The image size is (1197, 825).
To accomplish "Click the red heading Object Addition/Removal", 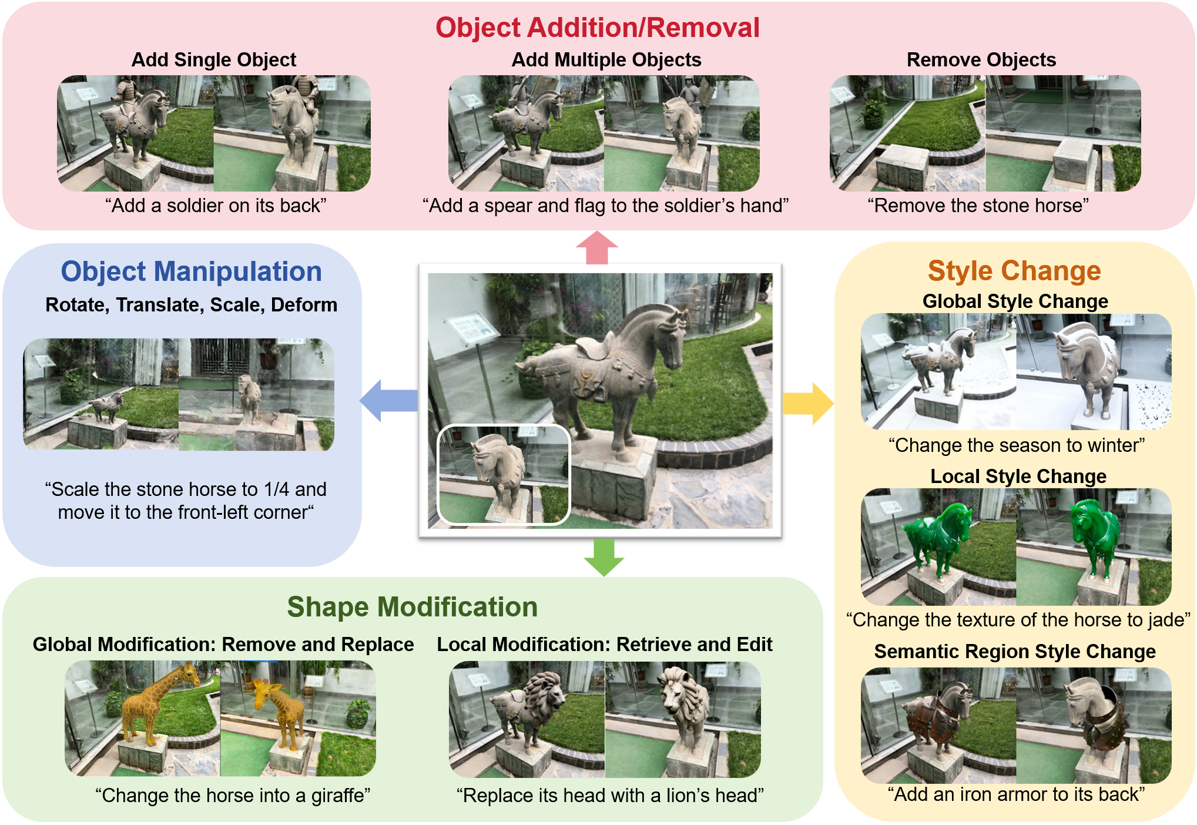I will [597, 28].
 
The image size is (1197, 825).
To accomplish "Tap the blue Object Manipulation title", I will [191, 271].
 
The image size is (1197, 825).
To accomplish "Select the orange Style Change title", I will [1014, 271].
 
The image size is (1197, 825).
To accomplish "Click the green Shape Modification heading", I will [412, 607].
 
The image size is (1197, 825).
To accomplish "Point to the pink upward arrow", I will [596, 247].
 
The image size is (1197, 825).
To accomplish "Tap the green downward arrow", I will [603, 556].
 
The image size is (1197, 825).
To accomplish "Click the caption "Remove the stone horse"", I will [978, 206].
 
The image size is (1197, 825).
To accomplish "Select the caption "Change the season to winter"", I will [1016, 445].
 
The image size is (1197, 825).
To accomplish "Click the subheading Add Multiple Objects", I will [606, 60].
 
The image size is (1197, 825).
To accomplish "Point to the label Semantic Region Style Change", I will [1014, 652].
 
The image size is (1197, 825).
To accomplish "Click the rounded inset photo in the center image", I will [504, 475].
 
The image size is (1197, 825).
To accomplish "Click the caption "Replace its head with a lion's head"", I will [610, 796].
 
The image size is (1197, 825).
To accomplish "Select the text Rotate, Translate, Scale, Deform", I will [191, 305].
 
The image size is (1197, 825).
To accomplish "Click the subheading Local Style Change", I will [1018, 477].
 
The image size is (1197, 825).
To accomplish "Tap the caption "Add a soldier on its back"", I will [215, 206].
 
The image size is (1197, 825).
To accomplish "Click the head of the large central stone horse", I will [670, 329].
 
